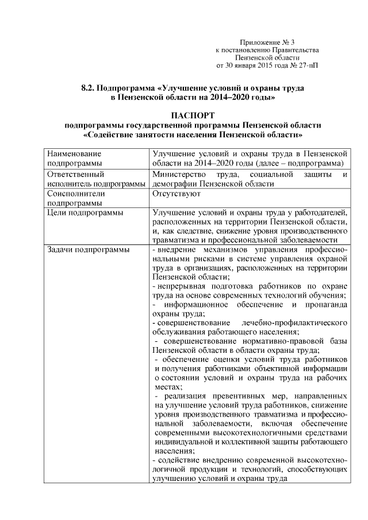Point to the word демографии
[x=174, y=184]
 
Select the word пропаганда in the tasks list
[x=324, y=304]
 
